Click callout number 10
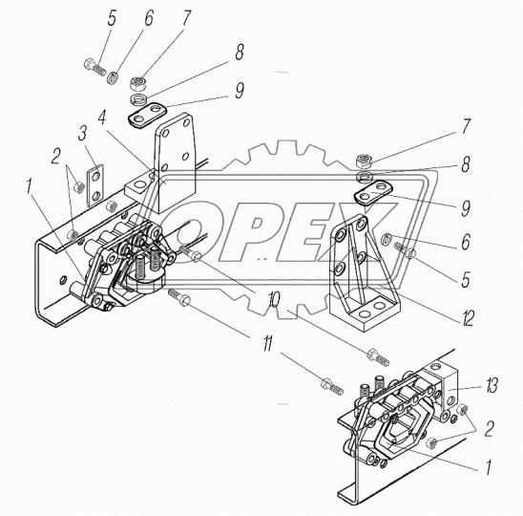point(273,301)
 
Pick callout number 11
point(267,343)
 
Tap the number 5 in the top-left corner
point(112,17)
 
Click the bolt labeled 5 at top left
point(94,67)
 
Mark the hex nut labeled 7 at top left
point(137,84)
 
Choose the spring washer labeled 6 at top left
point(112,77)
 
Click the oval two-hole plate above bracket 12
point(369,192)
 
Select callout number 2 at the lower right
point(489,429)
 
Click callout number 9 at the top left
point(240,90)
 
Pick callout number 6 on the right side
point(466,242)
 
